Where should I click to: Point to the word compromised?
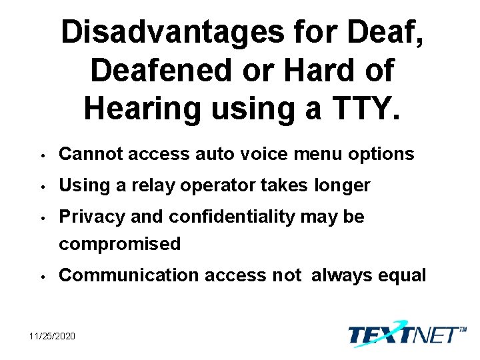coord(120,244)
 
